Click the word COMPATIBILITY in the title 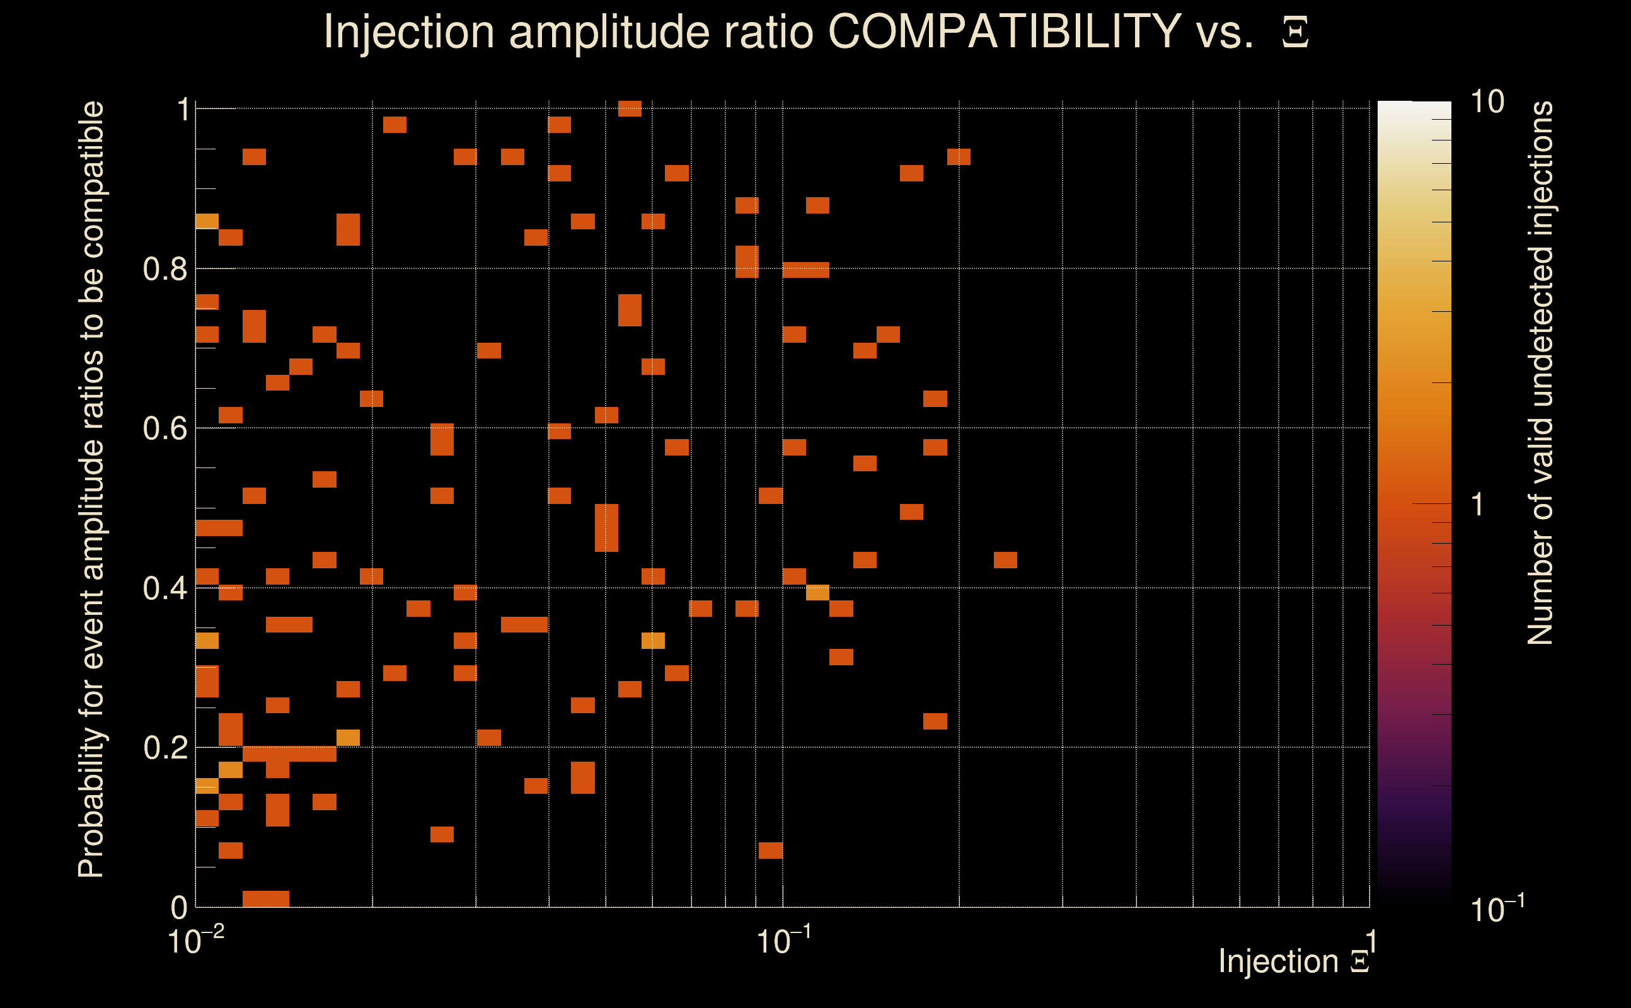click(1004, 31)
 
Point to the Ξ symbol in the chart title click(1295, 33)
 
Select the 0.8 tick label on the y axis click(164, 270)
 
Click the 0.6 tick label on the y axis click(164, 428)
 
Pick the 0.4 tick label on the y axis click(164, 588)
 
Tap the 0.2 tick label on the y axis click(164, 748)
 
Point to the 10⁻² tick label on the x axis click(195, 941)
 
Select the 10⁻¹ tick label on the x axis click(783, 941)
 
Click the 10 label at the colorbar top click(1487, 102)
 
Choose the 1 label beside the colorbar click(1478, 505)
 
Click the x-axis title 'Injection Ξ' click(1294, 961)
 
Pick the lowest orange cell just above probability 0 click(265, 898)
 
